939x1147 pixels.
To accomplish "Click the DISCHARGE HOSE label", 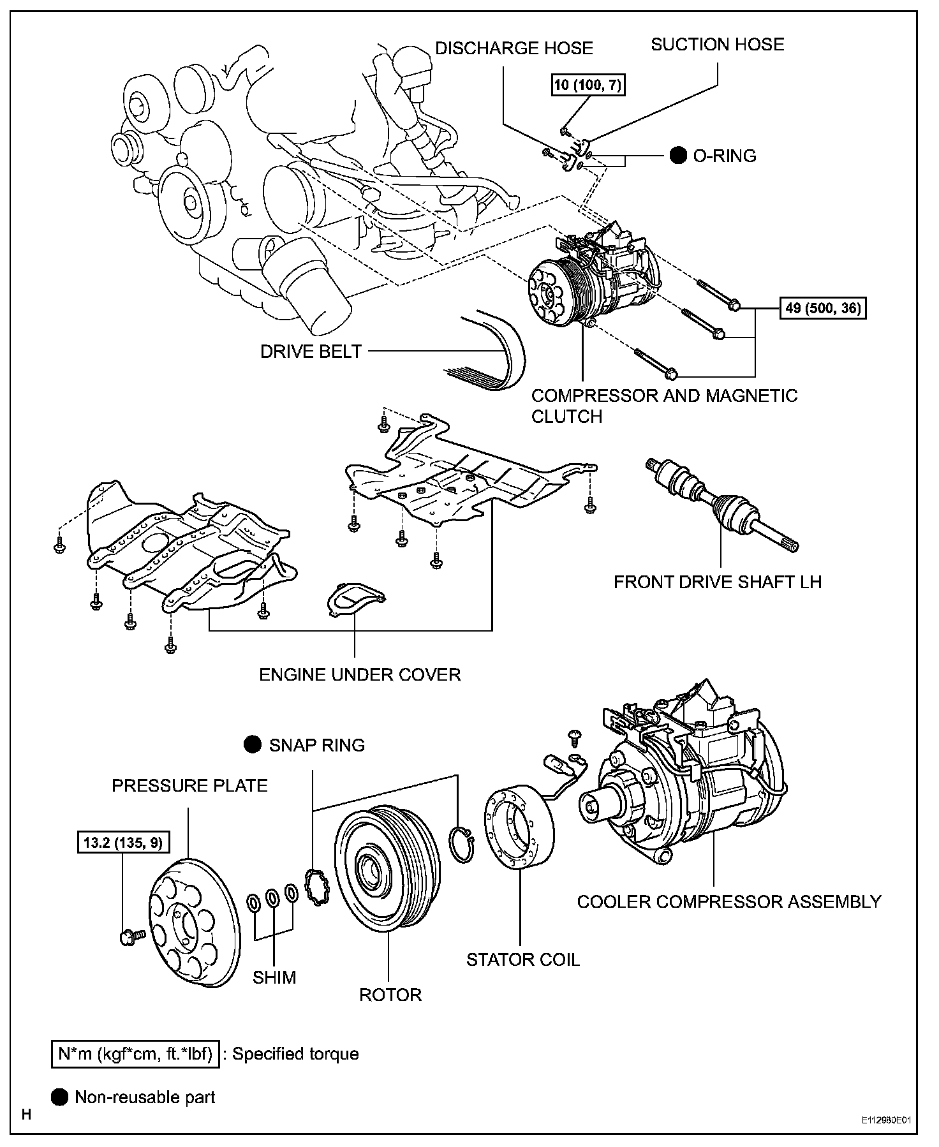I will pos(514,48).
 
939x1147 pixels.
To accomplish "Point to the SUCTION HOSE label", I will pos(717,44).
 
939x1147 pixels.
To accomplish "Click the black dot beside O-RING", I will pos(678,156).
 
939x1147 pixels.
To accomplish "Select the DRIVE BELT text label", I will pos(311,352).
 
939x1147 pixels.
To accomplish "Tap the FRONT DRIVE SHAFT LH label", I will pos(717,582).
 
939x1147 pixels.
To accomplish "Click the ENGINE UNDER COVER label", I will pos(360,674).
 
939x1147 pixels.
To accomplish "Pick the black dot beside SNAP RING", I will pos(253,744).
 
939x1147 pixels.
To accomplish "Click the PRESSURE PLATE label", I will pos(189,785).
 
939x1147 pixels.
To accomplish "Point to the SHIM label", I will pos(274,977).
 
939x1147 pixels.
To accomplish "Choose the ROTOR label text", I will pos(390,995).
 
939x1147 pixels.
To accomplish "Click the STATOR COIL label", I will pos(523,959).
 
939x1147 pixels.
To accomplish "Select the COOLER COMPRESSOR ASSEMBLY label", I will pos(728,901).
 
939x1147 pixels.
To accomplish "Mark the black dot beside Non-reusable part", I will pos(59,1097).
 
